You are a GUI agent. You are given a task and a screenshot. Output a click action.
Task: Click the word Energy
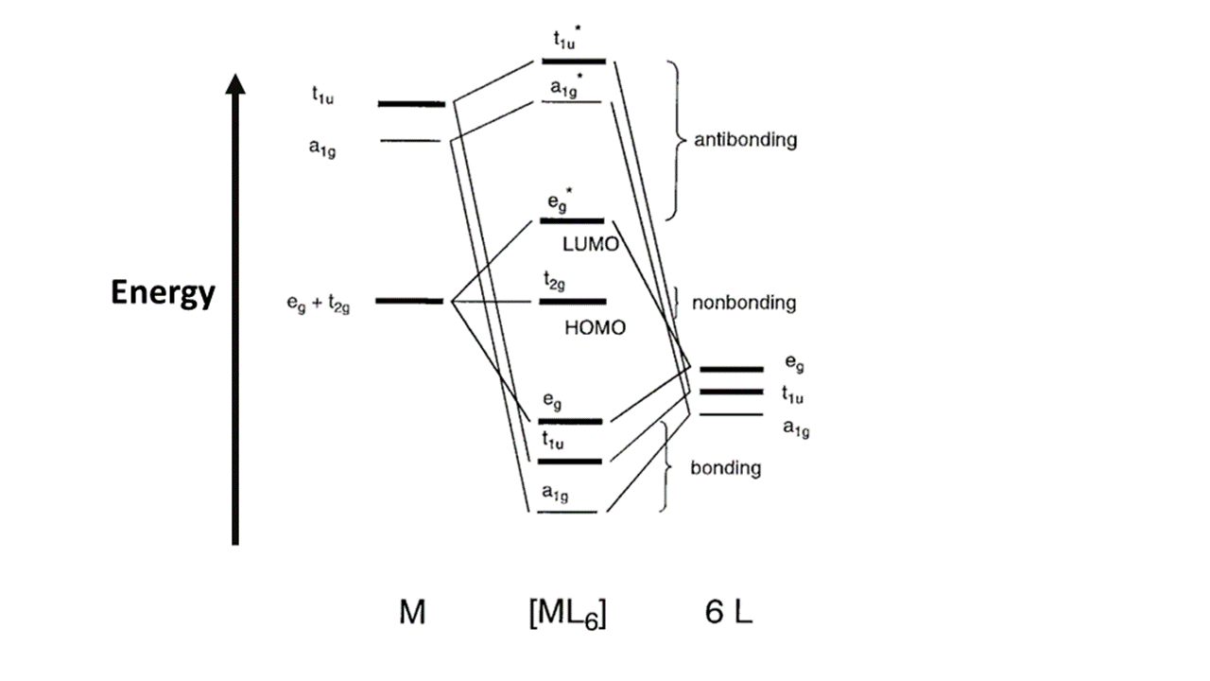point(163,293)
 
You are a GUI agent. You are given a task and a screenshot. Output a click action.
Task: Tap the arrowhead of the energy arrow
point(235,84)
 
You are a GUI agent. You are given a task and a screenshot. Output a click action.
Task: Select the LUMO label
point(591,245)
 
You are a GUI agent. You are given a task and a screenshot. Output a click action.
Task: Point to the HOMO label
point(595,328)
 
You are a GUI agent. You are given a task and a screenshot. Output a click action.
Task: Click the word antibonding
point(746,140)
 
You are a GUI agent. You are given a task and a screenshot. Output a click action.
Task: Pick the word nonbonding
point(744,303)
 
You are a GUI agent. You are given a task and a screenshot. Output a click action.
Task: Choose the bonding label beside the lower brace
point(725,468)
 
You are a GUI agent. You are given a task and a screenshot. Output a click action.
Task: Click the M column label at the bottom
point(412,613)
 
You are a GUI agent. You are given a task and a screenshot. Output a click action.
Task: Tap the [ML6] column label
point(568,615)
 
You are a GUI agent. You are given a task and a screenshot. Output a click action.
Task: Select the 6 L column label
point(728,613)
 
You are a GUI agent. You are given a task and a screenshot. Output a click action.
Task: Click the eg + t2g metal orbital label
point(319,304)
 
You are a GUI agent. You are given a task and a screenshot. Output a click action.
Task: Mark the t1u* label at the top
point(567,39)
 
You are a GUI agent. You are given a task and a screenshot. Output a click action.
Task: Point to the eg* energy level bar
point(572,221)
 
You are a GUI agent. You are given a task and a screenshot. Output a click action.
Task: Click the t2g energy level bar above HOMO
point(573,302)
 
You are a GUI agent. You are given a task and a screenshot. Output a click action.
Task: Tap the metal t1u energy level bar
point(411,104)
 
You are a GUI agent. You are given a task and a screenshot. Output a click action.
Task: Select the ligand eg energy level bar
point(732,370)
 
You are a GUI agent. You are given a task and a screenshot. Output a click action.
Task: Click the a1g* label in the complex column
point(565,87)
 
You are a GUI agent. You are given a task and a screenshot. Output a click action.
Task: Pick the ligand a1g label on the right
point(796,429)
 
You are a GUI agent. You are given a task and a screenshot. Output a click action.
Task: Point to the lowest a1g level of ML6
point(567,512)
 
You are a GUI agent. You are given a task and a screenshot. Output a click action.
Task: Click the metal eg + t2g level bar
point(409,301)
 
